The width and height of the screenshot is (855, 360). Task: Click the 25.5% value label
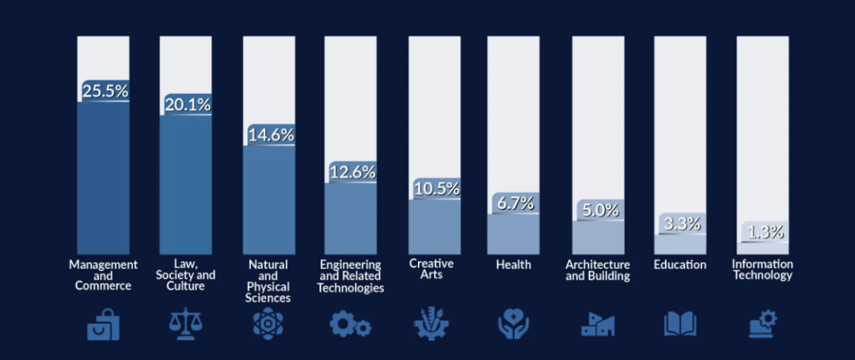[x=106, y=91]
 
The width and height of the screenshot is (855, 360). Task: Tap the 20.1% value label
[x=188, y=104]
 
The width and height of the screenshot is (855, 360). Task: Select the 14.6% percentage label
[x=271, y=135]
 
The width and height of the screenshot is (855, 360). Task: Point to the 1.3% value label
[x=766, y=232]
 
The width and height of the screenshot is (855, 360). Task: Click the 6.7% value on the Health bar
[x=515, y=203]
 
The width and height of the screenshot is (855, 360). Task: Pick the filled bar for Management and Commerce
[x=103, y=177]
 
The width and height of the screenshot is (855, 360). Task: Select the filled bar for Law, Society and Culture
[x=185, y=184]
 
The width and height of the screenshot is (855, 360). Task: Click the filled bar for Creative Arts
[x=434, y=226]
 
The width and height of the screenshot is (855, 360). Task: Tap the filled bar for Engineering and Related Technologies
[x=350, y=218]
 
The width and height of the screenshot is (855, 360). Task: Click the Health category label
[x=514, y=265]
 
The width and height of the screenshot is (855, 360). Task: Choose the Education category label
[x=680, y=265]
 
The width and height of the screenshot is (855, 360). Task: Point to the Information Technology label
[x=762, y=270]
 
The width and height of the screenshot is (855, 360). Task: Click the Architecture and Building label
[x=598, y=270]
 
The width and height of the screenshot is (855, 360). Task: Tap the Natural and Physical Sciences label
[x=268, y=281]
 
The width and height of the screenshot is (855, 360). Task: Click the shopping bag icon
[x=103, y=324]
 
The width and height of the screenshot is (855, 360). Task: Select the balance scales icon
[x=185, y=324]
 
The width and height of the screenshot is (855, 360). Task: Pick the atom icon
[x=268, y=324]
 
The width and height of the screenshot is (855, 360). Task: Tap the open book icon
[x=680, y=324]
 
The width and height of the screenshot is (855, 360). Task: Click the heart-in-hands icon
[x=514, y=324]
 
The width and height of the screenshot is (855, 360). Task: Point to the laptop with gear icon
[x=762, y=324]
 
